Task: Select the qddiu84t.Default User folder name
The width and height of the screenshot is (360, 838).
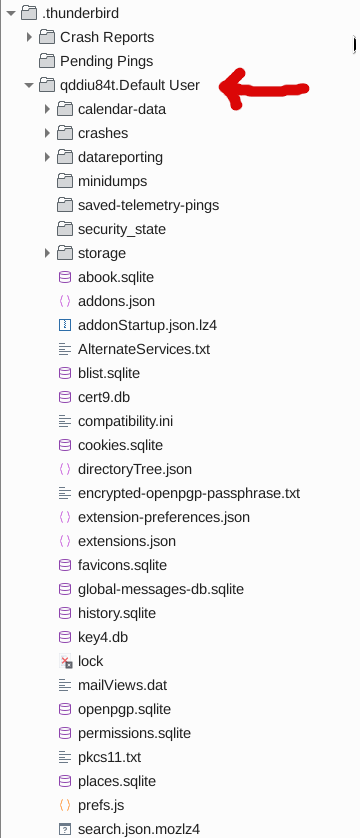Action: click(130, 85)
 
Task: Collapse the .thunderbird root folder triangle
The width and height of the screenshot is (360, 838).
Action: click(10, 13)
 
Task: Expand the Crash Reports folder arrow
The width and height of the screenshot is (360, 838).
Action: click(29, 37)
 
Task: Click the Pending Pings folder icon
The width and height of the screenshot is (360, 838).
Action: click(47, 61)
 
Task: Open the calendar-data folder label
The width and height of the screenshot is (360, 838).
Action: click(122, 109)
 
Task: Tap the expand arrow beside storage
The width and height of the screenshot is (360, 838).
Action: click(47, 253)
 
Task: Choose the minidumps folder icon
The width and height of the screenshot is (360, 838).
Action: click(65, 181)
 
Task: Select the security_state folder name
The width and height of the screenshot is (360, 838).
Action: click(122, 229)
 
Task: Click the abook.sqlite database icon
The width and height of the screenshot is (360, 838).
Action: click(65, 277)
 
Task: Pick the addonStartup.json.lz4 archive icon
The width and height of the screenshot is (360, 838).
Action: click(65, 325)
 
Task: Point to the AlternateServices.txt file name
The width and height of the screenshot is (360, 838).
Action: click(144, 349)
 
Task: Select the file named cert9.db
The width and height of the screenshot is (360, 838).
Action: click(104, 397)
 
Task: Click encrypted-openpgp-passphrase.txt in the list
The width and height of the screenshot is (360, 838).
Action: click(189, 493)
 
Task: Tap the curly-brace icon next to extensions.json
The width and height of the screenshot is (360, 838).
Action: click(65, 541)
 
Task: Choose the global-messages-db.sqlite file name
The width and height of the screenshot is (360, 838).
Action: click(161, 589)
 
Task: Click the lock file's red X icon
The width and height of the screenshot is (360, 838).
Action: click(66, 661)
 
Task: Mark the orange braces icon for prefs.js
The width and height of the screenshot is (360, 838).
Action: click(65, 805)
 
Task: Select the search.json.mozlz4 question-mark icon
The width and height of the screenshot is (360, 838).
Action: click(65, 829)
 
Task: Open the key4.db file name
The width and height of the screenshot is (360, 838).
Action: click(103, 637)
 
